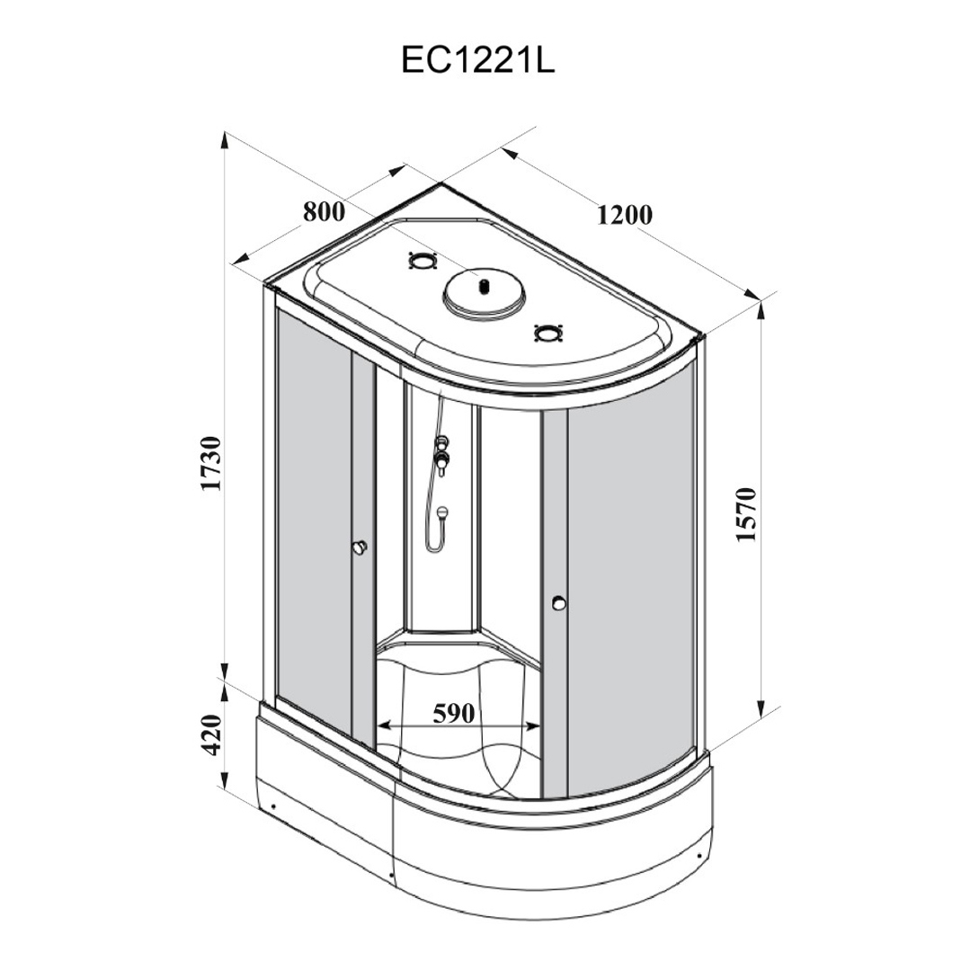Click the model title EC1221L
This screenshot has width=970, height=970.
coord(478,60)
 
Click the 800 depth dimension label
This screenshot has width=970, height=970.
coord(324,211)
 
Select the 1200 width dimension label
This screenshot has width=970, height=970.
coord(625,215)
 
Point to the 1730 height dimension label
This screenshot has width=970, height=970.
coord(210,463)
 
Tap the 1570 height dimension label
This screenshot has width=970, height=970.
coord(747,515)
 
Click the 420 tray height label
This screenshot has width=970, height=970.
coord(211,734)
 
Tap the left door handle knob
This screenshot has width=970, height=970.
coord(360,547)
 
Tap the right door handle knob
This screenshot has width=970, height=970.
coord(558,602)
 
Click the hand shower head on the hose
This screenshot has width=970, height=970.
coord(442,512)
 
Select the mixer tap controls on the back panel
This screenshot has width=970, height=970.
coord(442,455)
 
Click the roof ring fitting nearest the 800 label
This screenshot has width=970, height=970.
coord(423,261)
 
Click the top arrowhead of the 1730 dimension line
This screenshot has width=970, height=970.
coord(225,141)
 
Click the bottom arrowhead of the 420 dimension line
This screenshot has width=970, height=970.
coord(225,780)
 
